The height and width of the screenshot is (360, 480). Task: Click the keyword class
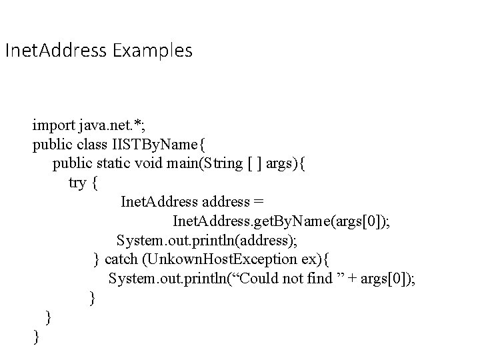89,143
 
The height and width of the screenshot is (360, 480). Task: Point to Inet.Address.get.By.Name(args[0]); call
281,221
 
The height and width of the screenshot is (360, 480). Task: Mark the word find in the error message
309,278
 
